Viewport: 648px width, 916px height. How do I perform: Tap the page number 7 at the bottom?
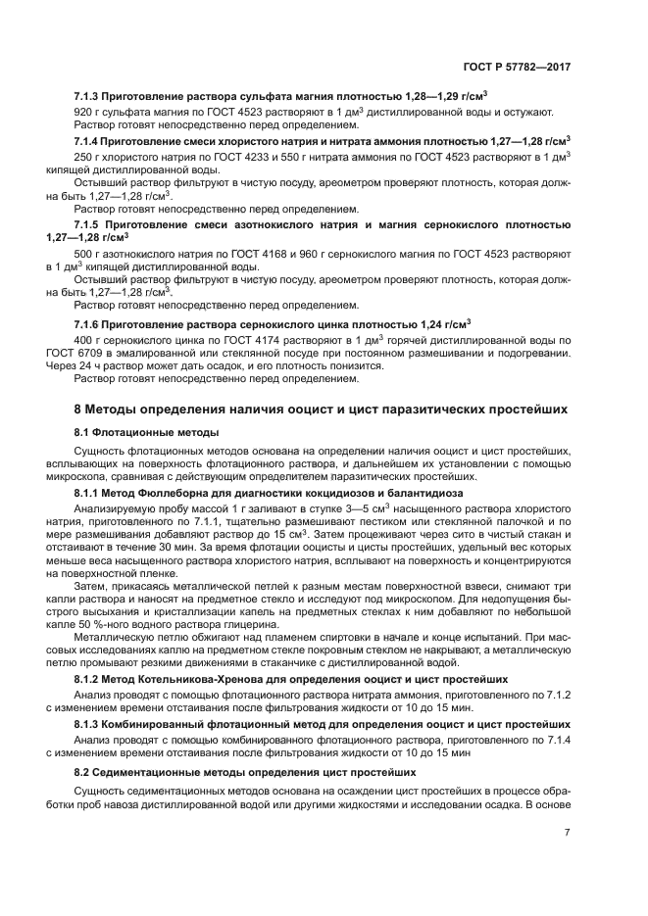click(568, 833)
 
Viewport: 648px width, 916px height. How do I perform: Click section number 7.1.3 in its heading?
click(90, 97)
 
